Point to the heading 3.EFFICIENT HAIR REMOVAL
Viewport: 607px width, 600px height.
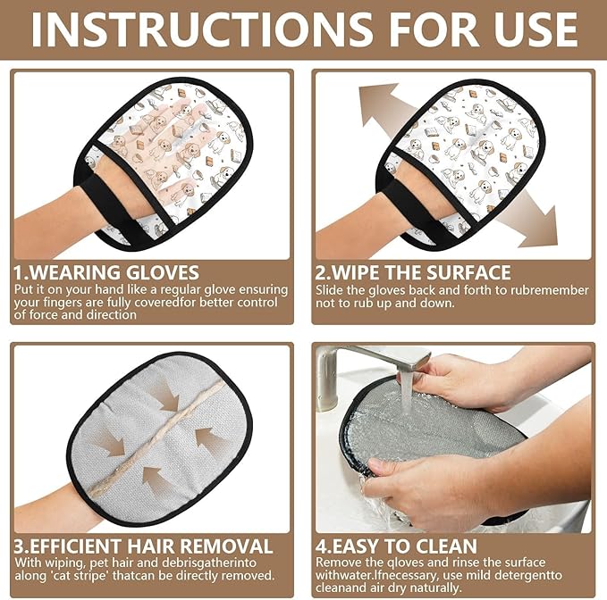coord(143,546)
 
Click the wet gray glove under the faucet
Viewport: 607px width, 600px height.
coord(429,437)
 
